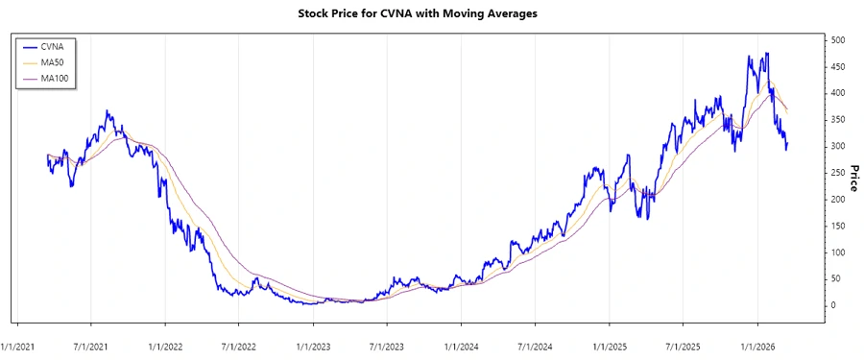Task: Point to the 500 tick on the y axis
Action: (838, 40)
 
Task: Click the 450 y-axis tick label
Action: (838, 67)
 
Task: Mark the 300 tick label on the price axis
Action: (838, 146)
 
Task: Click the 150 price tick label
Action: (838, 226)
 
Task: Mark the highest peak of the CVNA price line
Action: (766, 54)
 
